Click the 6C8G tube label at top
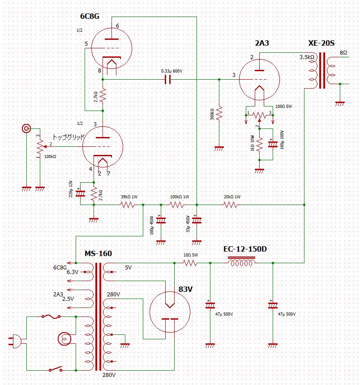pos(89,17)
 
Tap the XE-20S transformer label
pos(321,43)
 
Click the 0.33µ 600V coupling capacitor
pos(168,80)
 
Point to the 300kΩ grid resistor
pos(219,113)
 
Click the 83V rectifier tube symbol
pos(170,311)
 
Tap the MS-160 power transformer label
pos(98,254)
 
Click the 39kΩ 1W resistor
pos(127,205)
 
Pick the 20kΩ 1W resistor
pos(230,205)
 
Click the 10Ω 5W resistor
pos(189,263)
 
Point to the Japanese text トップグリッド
pos(69,137)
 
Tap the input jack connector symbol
pos(26,129)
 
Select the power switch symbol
pos(56,369)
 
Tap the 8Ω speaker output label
pos(343,52)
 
